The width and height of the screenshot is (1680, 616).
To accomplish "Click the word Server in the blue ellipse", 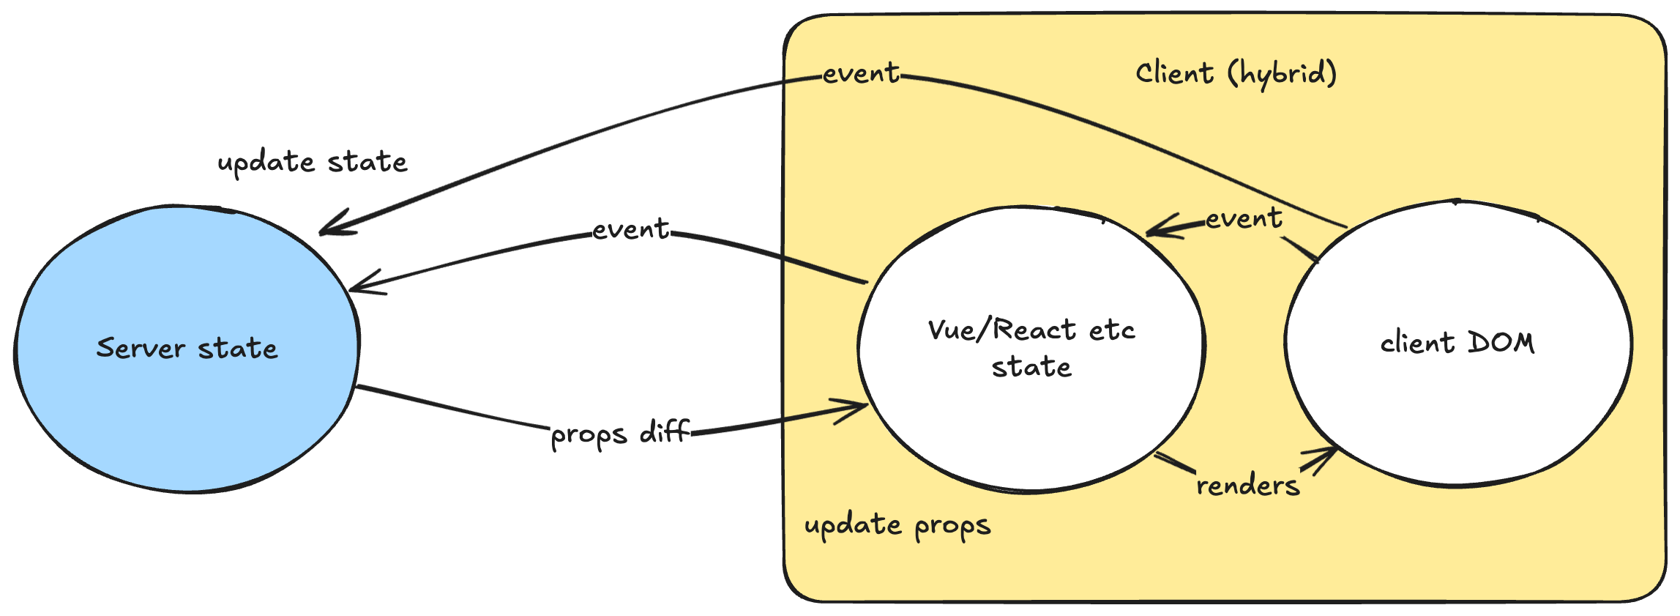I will tap(140, 348).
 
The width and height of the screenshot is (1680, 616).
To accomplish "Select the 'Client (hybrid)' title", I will tap(1236, 74).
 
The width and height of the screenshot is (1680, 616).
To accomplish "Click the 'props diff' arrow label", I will tap(619, 433).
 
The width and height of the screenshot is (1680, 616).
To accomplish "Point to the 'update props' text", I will tap(897, 526).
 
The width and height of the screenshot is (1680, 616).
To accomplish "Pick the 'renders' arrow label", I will tap(1247, 485).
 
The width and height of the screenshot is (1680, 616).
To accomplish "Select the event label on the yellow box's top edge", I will tap(860, 73).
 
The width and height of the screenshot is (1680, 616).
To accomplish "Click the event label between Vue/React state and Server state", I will tap(630, 229).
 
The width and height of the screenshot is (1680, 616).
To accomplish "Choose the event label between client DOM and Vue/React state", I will tap(1243, 218).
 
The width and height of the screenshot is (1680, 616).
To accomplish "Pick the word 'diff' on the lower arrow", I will tap(664, 431).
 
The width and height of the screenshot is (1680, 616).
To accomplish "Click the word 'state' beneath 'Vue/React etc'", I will tap(1031, 366).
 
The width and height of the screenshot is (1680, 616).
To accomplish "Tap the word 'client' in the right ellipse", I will tap(1416, 343).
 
